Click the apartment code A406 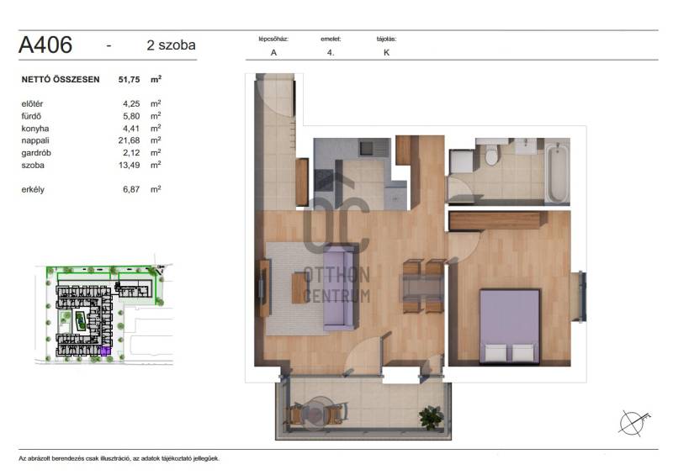tap(45, 45)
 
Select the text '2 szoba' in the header tap(171, 45)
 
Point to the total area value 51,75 tap(130, 79)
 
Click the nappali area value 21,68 tap(130, 140)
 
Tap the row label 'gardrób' tap(36, 153)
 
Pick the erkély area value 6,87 tap(131, 189)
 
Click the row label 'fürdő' tap(31, 116)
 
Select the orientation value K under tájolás tap(387, 52)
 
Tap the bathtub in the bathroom tap(558, 172)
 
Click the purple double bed tap(510, 326)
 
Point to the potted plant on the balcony tap(432, 417)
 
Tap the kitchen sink tap(368, 149)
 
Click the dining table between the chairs tap(422, 287)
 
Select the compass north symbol tap(634, 422)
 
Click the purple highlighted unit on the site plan tap(105, 351)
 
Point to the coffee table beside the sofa tap(299, 288)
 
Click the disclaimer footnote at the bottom tap(119, 458)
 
